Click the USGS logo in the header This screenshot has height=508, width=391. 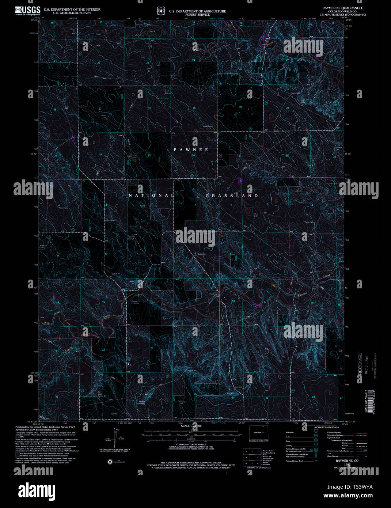(28, 10)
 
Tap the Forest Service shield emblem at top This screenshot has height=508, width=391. (161, 11)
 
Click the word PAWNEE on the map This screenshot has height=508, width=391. (191, 150)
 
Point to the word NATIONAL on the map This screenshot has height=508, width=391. (151, 196)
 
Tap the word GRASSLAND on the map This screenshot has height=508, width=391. (232, 196)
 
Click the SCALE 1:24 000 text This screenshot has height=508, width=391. (191, 426)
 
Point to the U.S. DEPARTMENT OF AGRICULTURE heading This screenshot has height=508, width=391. (197, 11)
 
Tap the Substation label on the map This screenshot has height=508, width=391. (202, 254)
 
